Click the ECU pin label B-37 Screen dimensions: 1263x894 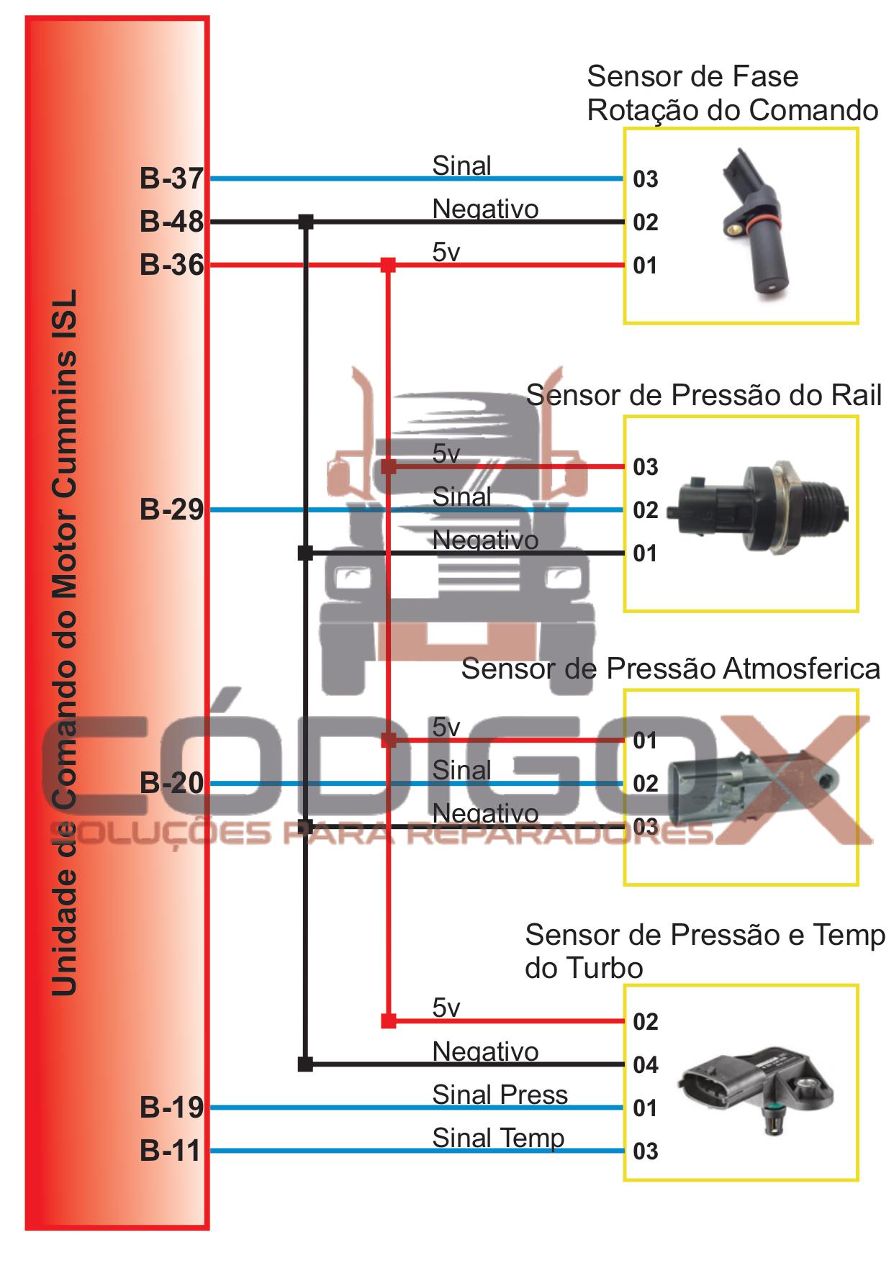(171, 178)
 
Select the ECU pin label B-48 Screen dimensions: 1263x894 (171, 222)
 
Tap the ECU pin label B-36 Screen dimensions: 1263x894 (171, 266)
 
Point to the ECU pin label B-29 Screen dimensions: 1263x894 (171, 510)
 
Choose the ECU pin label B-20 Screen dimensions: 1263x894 (171, 783)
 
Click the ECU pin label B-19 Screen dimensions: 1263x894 (171, 1108)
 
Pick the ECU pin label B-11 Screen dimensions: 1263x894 (170, 1151)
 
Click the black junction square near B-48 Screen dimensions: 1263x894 (306, 222)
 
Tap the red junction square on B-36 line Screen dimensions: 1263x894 (388, 266)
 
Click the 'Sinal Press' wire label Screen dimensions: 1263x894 (500, 1095)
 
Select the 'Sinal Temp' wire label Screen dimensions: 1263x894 (498, 1138)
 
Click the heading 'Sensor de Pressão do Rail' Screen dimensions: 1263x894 (703, 396)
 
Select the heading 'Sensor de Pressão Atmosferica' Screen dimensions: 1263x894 (670, 669)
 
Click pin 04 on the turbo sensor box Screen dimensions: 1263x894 (646, 1065)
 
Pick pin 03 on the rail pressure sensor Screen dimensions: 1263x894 (646, 467)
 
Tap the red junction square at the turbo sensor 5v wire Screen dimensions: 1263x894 (388, 1021)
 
